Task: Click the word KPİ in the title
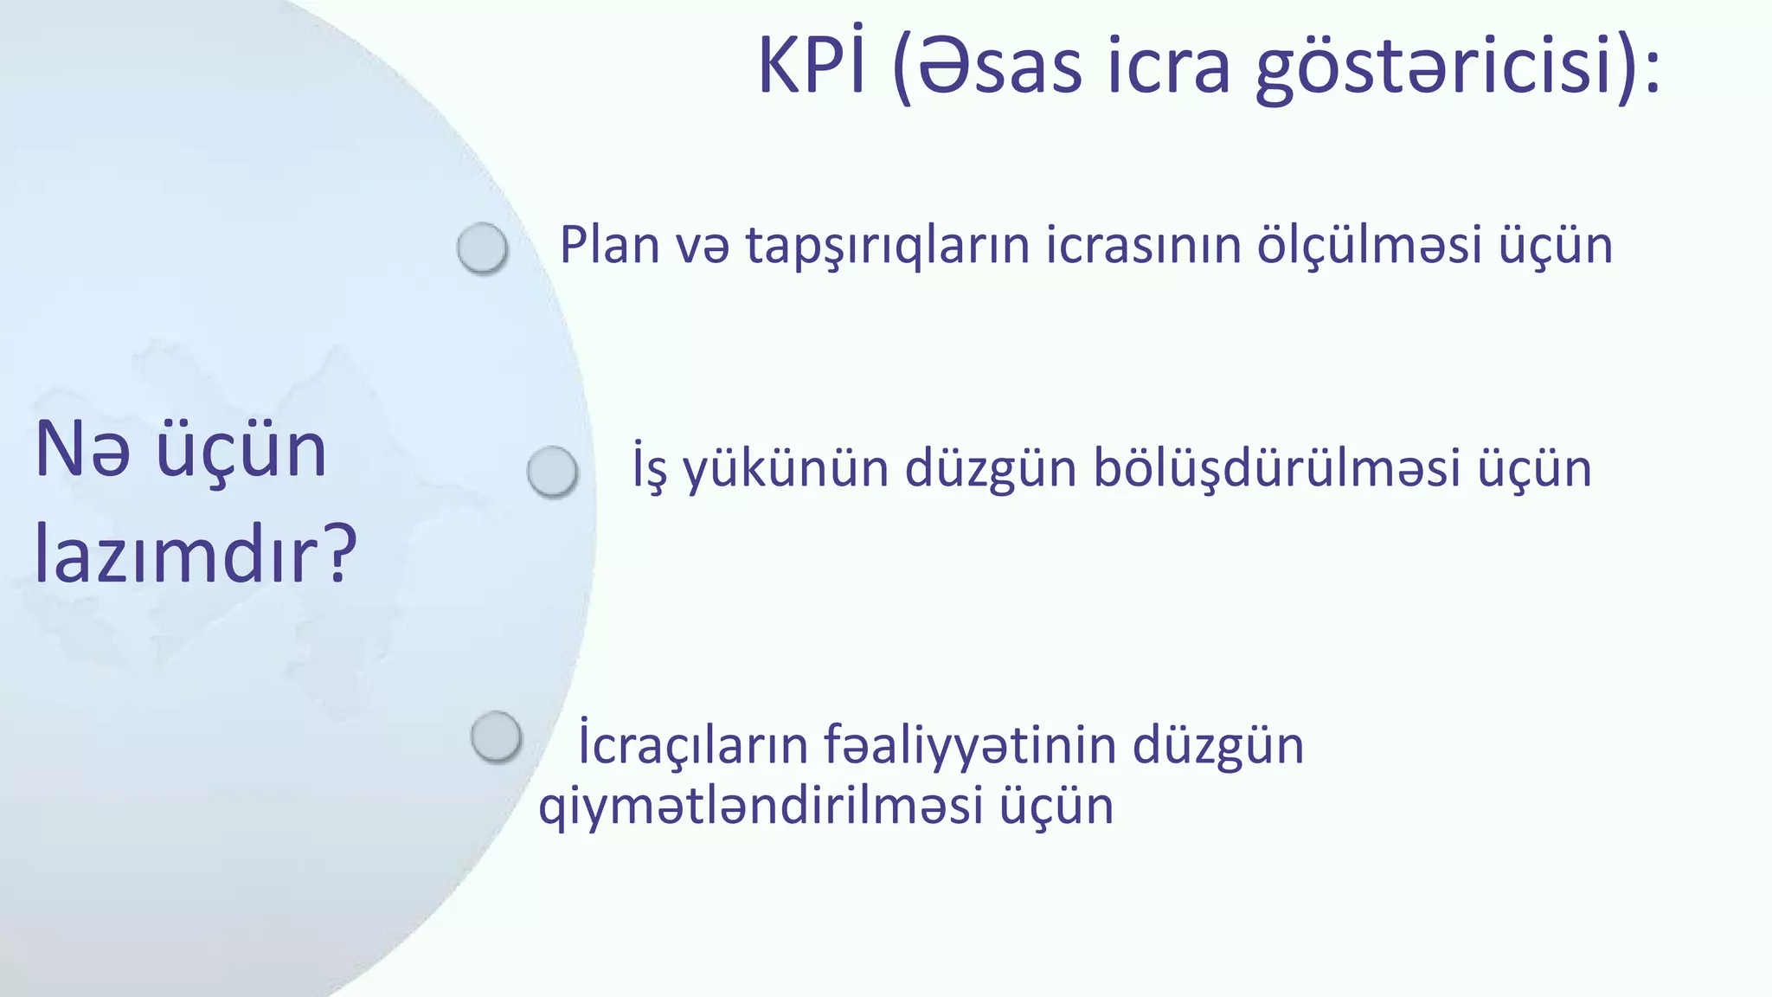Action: click(811, 66)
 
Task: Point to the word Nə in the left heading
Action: click(83, 450)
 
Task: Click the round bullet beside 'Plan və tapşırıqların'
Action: click(482, 248)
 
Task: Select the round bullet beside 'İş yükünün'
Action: click(552, 472)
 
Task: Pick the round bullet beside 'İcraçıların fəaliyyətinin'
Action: click(496, 736)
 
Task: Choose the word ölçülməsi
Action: click(1370, 246)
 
